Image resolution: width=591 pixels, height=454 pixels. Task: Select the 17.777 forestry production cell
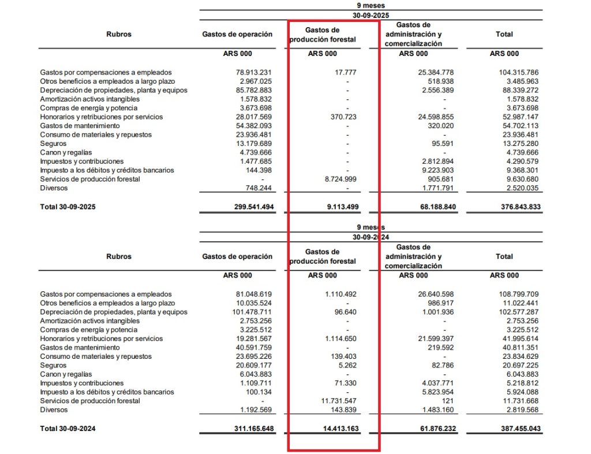345,73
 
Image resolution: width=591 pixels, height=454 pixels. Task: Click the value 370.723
341,117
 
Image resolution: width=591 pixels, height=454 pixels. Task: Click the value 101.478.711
250,312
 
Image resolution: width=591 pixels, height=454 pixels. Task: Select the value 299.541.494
250,207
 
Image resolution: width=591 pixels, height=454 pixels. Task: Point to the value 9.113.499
336,207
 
